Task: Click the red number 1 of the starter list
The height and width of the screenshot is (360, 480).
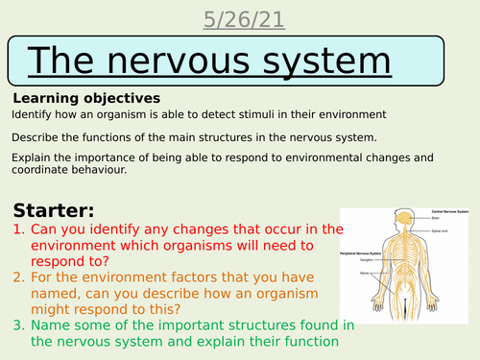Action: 19,229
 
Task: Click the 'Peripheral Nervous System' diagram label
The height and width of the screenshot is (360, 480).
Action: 363,252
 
